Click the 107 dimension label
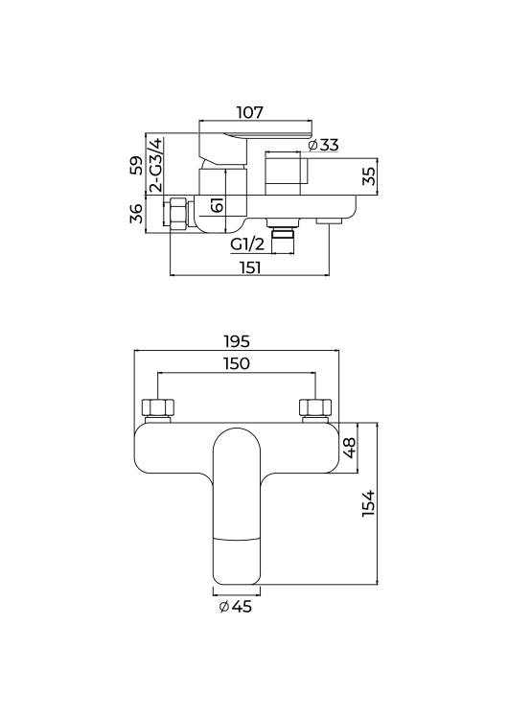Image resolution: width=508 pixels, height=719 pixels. pos(250,112)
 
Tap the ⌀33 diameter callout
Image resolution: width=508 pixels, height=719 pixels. pos(324,145)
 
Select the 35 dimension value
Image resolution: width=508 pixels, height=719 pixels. pos(369,176)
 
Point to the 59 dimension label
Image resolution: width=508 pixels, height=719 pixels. pos(136,165)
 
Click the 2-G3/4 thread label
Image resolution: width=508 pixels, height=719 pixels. pos(156,165)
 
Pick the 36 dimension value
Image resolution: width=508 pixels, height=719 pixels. pos(136,214)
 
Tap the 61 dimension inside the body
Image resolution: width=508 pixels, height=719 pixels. pos(218,204)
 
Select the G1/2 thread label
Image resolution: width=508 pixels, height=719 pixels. pos(247,244)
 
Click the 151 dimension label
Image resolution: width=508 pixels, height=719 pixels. pos(249,267)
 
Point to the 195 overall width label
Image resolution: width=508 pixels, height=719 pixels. pos(237,341)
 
